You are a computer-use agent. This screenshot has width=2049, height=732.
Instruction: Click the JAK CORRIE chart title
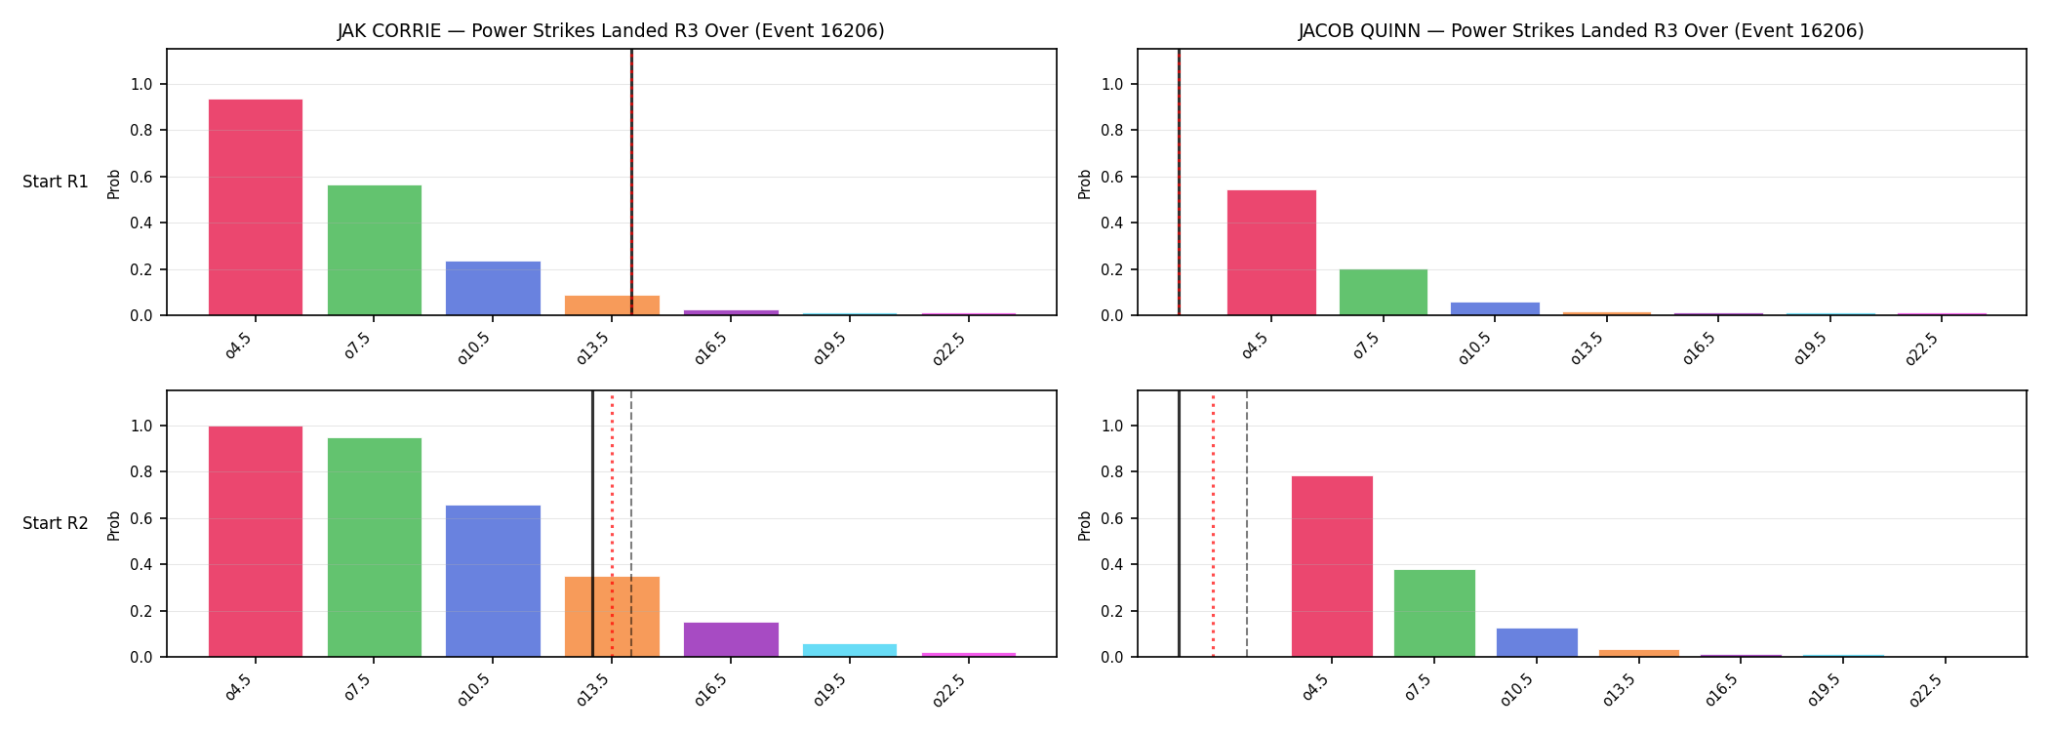pyautogui.click(x=611, y=30)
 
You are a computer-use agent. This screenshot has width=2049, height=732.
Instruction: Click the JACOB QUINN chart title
pyautogui.click(x=1581, y=30)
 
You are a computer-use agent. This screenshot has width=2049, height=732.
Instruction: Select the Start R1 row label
pyautogui.click(x=56, y=182)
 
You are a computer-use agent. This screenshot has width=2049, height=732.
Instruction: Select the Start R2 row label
pyautogui.click(x=56, y=523)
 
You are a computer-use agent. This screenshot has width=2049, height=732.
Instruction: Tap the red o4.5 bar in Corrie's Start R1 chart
pyautogui.click(x=256, y=207)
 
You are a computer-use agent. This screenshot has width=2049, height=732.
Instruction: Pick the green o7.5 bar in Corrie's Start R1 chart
pyautogui.click(x=375, y=250)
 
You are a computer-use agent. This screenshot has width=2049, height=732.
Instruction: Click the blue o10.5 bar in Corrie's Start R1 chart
pyautogui.click(x=493, y=288)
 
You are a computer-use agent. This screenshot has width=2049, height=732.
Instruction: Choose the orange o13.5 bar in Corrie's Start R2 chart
pyautogui.click(x=612, y=617)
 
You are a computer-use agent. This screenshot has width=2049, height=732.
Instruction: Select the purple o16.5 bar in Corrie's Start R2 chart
pyautogui.click(x=731, y=639)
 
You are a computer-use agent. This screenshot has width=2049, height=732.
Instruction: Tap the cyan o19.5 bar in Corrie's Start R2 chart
pyautogui.click(x=850, y=650)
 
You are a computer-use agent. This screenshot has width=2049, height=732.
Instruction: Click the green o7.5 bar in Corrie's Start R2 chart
pyautogui.click(x=375, y=548)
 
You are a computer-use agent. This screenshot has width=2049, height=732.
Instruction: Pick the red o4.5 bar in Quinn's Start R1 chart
pyautogui.click(x=1271, y=253)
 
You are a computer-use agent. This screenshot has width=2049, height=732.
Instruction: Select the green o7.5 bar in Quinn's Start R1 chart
pyautogui.click(x=1384, y=292)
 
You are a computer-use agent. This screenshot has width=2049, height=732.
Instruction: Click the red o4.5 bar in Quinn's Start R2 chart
pyautogui.click(x=1332, y=566)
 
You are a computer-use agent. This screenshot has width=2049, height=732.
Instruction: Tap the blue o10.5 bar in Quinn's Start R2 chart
pyautogui.click(x=1537, y=642)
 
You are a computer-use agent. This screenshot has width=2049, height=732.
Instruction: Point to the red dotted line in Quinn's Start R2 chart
pyautogui.click(x=1213, y=523)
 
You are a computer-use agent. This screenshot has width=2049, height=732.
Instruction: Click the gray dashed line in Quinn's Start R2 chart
pyautogui.click(x=1247, y=523)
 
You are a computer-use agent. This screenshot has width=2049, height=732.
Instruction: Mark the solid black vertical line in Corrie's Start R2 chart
pyautogui.click(x=592, y=523)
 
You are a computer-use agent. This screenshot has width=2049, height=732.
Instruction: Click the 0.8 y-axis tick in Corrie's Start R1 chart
pyautogui.click(x=141, y=131)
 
